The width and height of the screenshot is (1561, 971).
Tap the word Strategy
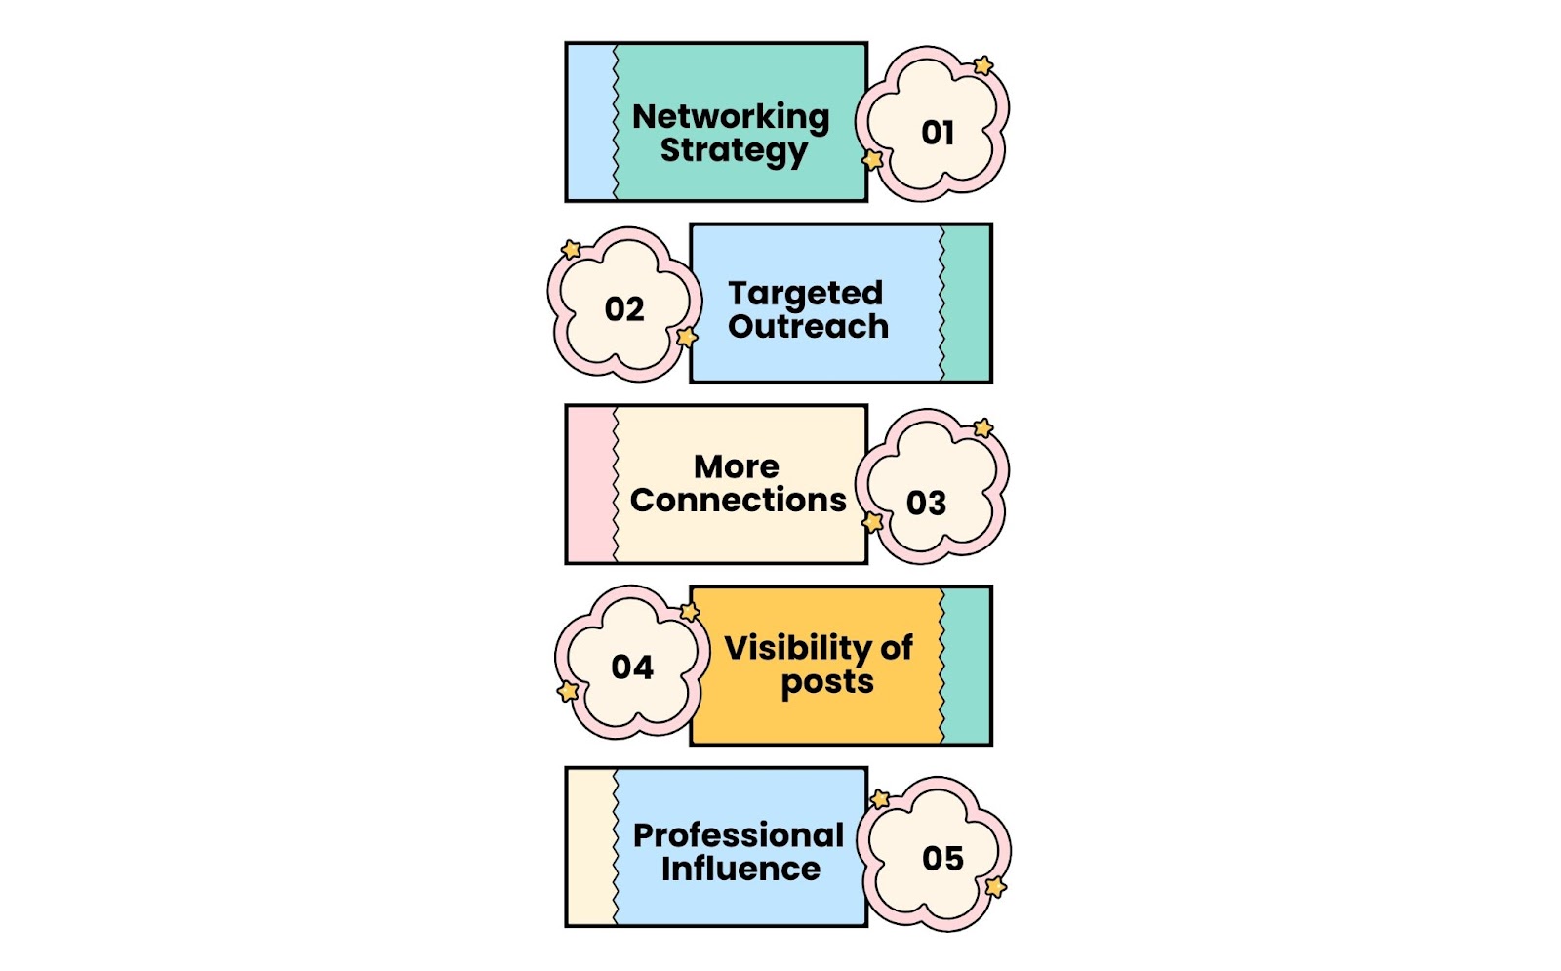click(734, 151)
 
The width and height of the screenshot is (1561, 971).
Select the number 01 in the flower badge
click(938, 133)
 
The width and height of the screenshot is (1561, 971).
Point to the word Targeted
click(806, 294)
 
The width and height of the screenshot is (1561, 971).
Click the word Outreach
click(809, 326)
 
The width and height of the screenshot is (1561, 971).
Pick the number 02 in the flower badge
click(624, 309)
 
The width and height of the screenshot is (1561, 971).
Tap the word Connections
click(738, 500)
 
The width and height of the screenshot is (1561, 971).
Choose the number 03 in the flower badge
click(926, 504)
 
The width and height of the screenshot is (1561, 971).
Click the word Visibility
click(799, 648)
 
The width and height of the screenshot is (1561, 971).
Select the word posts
click(827, 682)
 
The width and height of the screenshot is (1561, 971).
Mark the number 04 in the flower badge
click(632, 668)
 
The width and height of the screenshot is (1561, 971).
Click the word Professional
click(738, 835)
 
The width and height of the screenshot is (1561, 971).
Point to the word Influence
click(740, 869)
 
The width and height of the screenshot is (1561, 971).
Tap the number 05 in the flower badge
click(942, 859)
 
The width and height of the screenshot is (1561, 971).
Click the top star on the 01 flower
click(983, 65)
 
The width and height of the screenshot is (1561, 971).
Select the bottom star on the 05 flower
click(996, 887)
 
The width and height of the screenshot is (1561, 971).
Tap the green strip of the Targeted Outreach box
click(965, 303)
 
